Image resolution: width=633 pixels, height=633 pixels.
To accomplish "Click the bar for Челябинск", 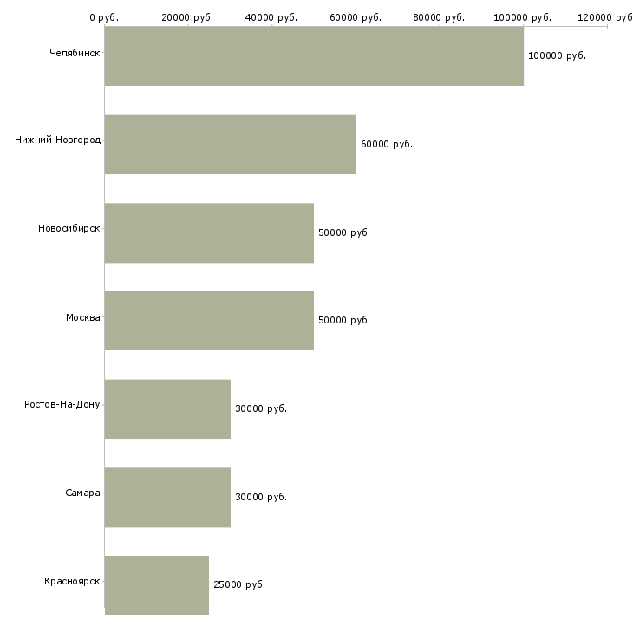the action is click(314, 56).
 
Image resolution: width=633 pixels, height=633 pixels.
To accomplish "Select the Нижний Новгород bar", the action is click(231, 145).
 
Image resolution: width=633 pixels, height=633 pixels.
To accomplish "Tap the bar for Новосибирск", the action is click(209, 233).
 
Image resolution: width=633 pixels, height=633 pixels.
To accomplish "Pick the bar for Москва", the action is click(209, 321).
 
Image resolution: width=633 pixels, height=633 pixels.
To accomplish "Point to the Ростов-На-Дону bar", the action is click(167, 409).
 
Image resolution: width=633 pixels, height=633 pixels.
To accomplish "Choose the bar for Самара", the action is click(167, 498).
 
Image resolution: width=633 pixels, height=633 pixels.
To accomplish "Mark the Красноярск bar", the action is click(157, 585).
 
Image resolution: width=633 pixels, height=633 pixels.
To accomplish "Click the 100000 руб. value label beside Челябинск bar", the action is click(557, 55).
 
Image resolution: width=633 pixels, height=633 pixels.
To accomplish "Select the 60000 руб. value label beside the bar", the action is click(387, 144).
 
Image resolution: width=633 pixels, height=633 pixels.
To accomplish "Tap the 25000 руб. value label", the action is click(239, 584).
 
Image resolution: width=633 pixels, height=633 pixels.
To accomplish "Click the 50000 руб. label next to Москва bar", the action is click(344, 320).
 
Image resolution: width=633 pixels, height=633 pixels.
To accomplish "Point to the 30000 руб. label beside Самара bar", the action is click(261, 497).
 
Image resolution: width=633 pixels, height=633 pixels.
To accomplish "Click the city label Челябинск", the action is click(75, 53).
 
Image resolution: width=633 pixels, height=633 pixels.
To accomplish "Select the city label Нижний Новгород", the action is click(58, 140).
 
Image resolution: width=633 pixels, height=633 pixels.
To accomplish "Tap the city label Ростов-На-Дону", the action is click(62, 404).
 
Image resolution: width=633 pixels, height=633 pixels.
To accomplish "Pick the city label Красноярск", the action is click(72, 581).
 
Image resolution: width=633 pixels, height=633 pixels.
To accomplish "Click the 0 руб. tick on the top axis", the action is click(104, 17).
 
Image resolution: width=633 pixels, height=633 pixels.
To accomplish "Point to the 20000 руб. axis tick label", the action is click(187, 17).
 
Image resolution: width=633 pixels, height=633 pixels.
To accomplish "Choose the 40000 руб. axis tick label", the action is click(271, 17).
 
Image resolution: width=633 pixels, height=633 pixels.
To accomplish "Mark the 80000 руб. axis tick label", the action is click(439, 17).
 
